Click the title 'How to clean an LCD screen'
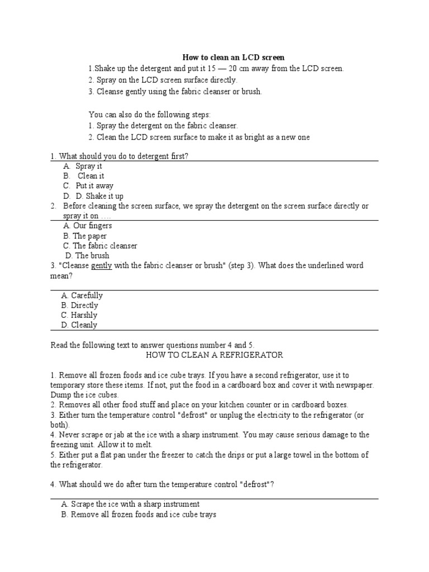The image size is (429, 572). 234,58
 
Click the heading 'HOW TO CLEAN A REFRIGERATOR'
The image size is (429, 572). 214,355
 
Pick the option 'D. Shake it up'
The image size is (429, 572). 93,196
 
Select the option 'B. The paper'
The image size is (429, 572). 85,236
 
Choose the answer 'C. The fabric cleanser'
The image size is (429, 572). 100,246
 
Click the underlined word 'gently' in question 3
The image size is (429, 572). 102,266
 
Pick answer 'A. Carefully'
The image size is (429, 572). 82,295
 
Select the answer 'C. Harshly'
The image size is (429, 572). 80,315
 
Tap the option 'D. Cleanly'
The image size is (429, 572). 80,325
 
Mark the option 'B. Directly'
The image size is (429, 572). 80,306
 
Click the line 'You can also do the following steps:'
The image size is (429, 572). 150,115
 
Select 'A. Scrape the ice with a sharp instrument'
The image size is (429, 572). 131,504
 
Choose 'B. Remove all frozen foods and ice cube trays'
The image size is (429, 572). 139,514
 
